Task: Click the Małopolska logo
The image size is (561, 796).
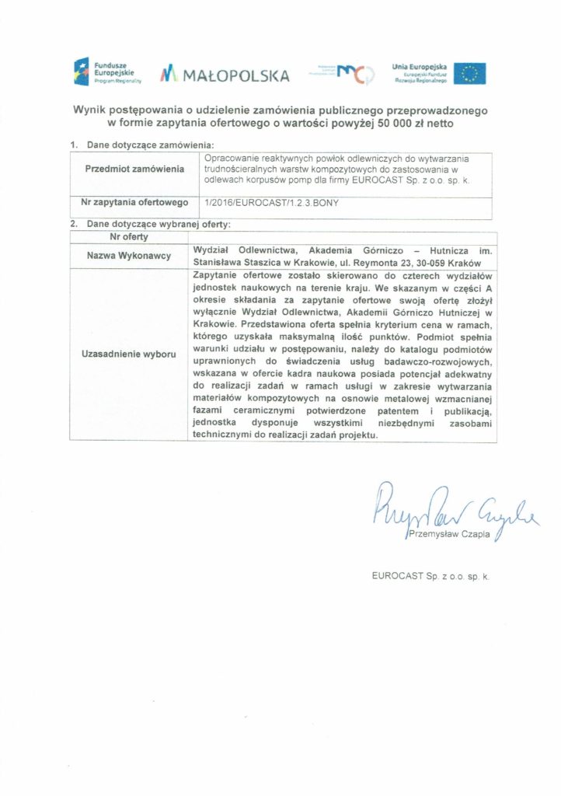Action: [x=225, y=75]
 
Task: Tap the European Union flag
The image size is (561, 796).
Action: [x=469, y=74]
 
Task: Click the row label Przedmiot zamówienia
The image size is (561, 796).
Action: [x=134, y=169]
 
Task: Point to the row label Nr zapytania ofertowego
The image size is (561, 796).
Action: [x=134, y=203]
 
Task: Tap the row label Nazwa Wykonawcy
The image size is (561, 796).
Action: [x=134, y=255]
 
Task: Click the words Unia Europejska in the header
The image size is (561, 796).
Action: [x=420, y=67]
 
